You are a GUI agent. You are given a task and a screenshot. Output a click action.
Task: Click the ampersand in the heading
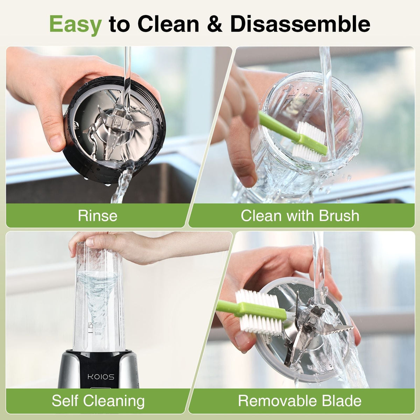(x=215, y=24)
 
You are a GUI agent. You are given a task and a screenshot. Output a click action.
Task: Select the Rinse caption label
(x=98, y=216)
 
